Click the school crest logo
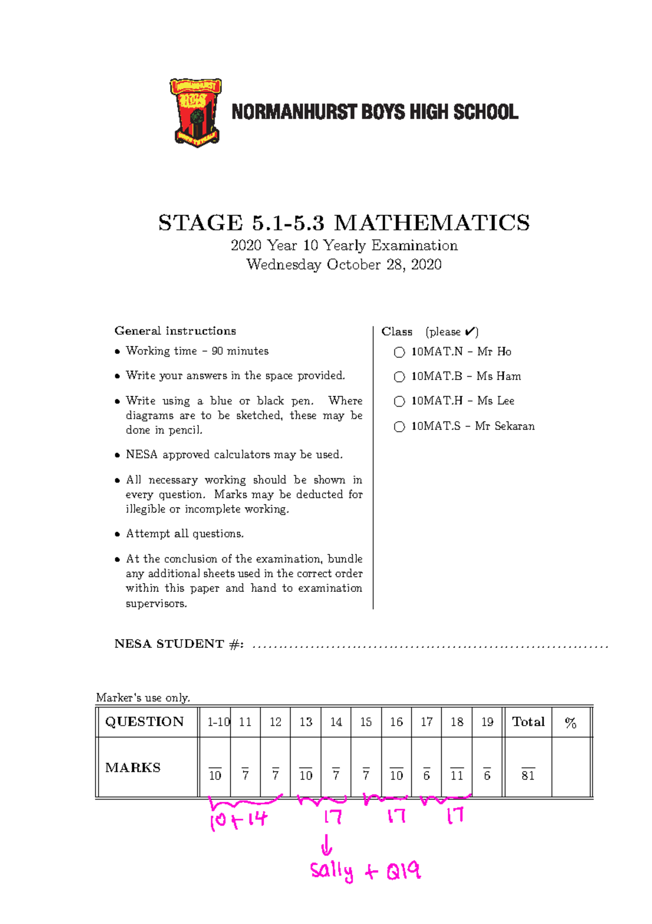[196, 113]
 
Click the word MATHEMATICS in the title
[431, 223]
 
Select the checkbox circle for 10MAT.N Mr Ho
[399, 352]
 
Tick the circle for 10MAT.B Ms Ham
[399, 377]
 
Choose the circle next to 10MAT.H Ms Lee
[399, 401]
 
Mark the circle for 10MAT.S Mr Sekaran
[399, 427]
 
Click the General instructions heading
[175, 331]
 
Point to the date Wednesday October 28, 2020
[343, 265]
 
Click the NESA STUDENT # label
[179, 644]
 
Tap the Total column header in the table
[528, 722]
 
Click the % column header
[570, 722]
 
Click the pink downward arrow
[327, 845]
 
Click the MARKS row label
[133, 767]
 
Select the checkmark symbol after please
[471, 331]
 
